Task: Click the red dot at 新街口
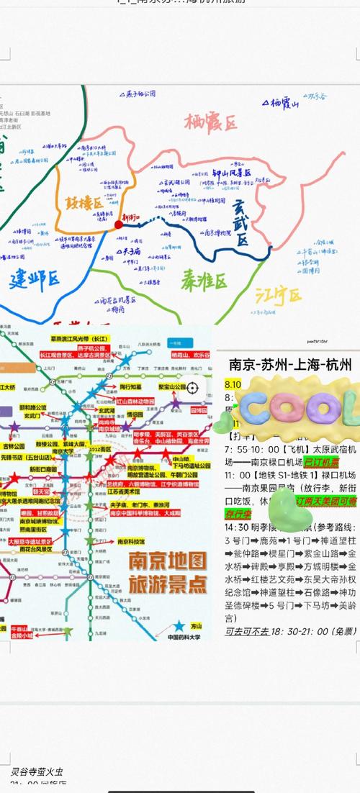click(119, 225)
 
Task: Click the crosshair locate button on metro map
click(192, 388)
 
